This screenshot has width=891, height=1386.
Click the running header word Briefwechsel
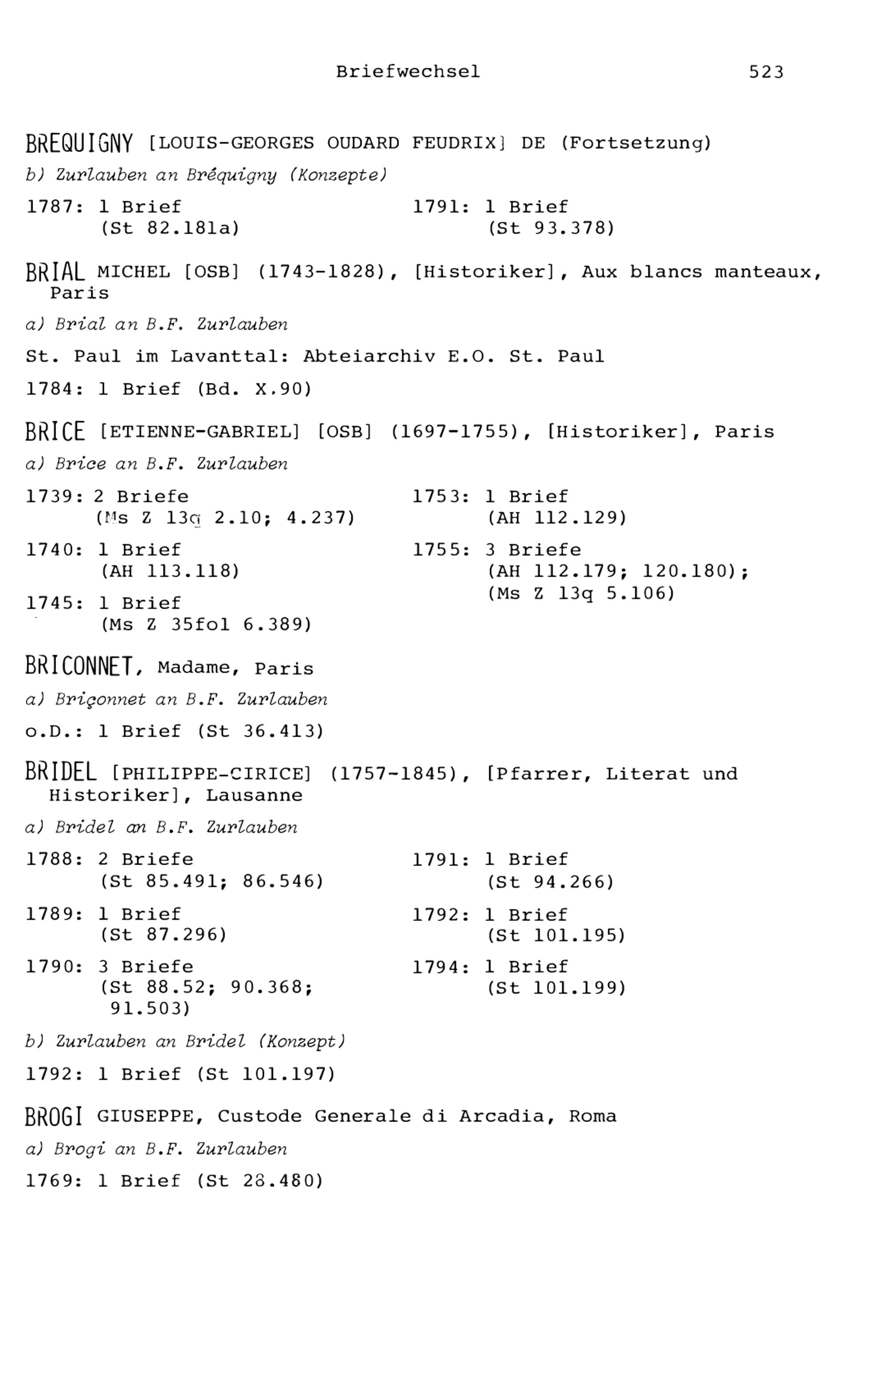click(x=408, y=72)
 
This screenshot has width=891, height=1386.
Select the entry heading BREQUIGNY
click(x=79, y=144)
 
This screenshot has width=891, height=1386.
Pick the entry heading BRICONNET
click(x=79, y=667)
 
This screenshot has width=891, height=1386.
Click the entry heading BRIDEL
click(x=61, y=773)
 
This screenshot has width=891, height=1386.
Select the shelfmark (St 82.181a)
click(x=170, y=229)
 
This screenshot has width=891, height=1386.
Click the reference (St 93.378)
click(x=551, y=229)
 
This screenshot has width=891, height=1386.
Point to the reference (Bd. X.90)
click(x=254, y=390)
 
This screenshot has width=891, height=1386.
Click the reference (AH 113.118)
click(x=170, y=572)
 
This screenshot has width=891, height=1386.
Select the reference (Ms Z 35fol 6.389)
click(x=206, y=625)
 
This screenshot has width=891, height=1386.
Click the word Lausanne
click(x=254, y=795)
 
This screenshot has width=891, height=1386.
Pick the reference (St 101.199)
click(x=556, y=988)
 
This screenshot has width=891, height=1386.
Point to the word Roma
click(x=593, y=1116)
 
